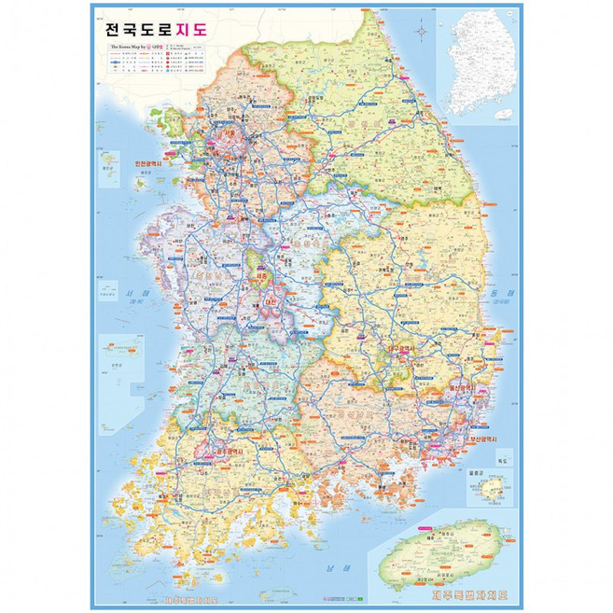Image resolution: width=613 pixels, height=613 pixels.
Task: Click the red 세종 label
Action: [x=260, y=277]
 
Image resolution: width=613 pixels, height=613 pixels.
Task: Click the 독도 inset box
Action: [x=505, y=462]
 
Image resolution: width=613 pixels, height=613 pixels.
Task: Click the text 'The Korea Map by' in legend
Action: [x=131, y=44]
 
